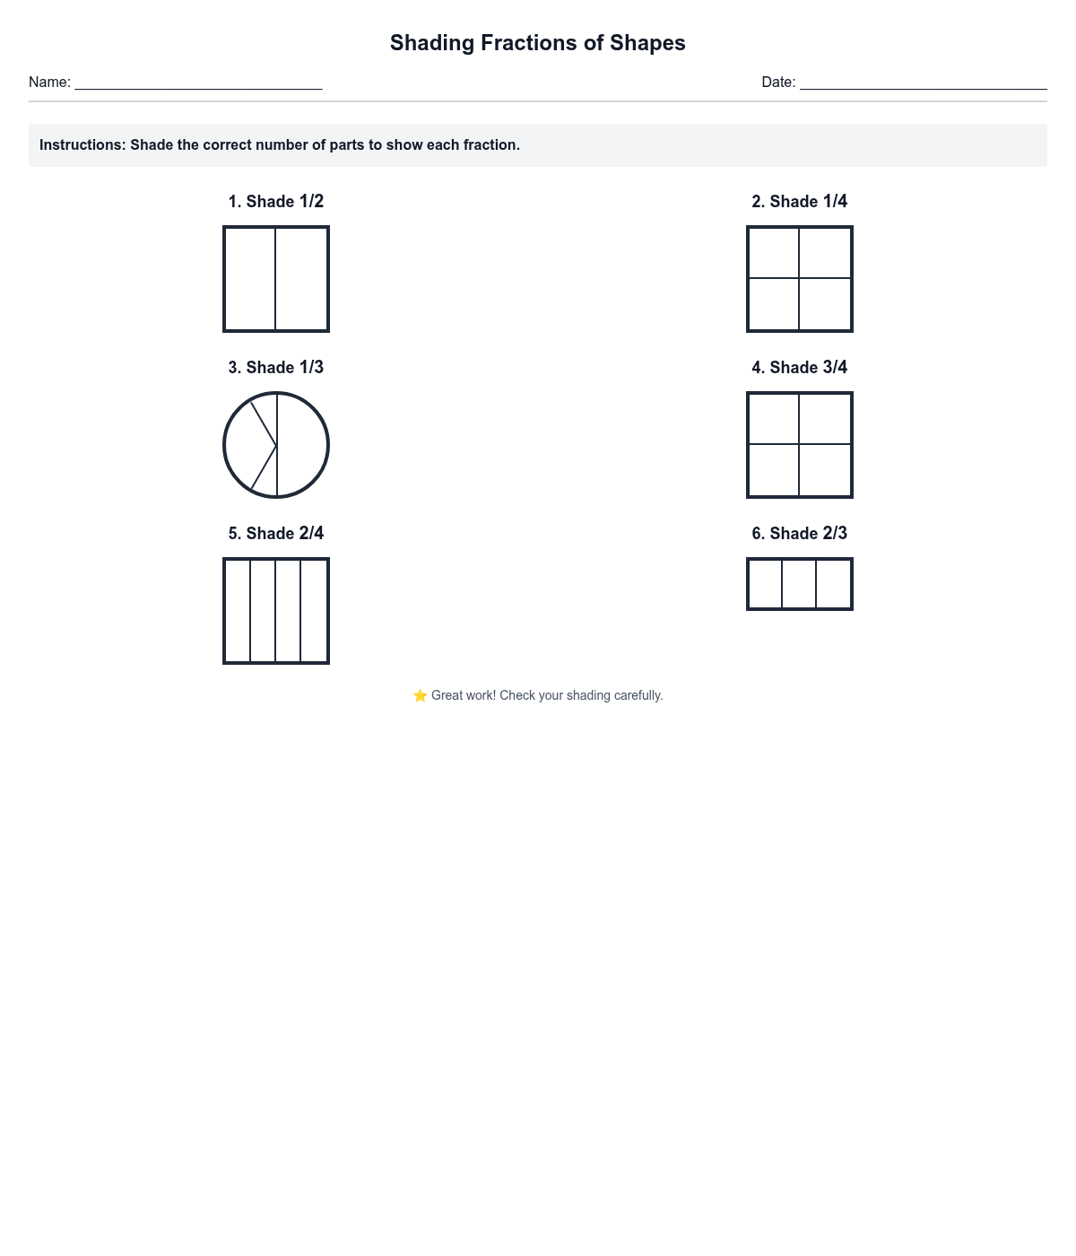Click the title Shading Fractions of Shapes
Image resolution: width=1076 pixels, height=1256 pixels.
[537, 43]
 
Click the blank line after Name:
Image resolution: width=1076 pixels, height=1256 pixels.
[198, 83]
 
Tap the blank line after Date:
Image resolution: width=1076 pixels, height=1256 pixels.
[923, 83]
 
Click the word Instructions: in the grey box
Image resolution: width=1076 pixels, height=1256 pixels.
[82, 145]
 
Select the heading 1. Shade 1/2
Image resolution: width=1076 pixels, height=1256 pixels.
[275, 202]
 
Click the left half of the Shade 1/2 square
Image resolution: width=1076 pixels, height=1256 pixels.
[250, 279]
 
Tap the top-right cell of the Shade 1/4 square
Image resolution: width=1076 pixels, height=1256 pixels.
[825, 253]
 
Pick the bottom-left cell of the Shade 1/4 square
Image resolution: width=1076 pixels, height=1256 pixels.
[774, 304]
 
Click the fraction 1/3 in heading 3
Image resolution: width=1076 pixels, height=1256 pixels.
[311, 368]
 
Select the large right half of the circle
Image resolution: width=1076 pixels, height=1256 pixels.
[302, 445]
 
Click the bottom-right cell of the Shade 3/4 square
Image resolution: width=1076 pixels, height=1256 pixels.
[825, 470]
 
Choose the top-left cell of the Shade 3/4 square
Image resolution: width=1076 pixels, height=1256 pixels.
[774, 419]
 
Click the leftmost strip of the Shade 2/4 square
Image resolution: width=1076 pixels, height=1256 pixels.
[238, 611]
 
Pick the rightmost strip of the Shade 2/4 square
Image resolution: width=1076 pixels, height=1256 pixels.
[314, 611]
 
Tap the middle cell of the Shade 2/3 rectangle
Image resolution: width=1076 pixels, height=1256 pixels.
[799, 584]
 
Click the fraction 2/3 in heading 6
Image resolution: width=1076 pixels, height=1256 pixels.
[835, 534]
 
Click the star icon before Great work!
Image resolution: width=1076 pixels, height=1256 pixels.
[420, 696]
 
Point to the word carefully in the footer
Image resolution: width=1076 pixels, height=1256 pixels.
[638, 696]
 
